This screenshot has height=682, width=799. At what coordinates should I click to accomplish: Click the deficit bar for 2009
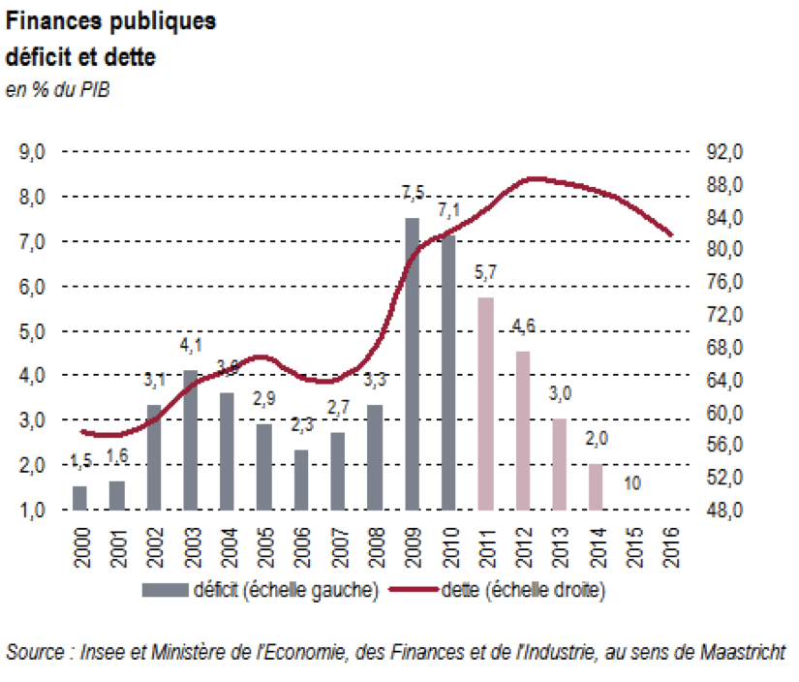[412, 363]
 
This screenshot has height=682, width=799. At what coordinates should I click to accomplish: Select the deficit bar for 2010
[448, 372]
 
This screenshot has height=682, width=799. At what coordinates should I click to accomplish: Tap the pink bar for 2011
[486, 403]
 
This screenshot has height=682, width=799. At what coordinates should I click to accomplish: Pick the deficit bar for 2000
[79, 497]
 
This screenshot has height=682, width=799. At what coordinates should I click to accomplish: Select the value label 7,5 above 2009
[413, 195]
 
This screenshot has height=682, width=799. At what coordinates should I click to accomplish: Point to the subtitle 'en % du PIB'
[55, 91]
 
